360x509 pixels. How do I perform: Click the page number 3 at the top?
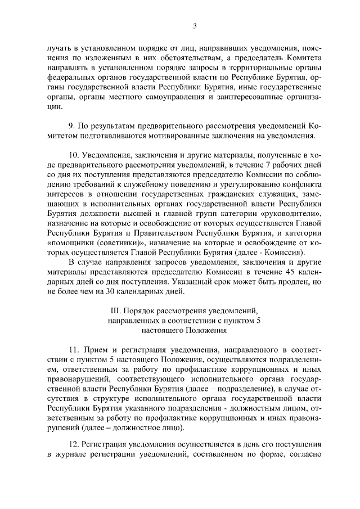[x=195, y=25]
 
